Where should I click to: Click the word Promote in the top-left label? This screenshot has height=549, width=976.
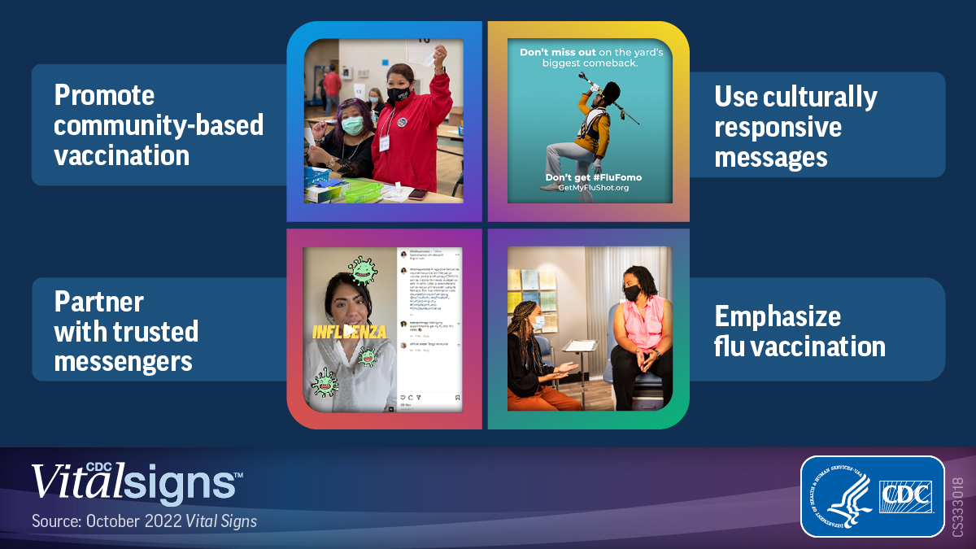[104, 95]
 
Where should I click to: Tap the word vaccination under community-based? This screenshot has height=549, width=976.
[121, 155]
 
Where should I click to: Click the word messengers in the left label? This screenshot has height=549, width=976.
[123, 360]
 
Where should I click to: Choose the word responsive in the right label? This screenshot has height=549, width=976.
[778, 127]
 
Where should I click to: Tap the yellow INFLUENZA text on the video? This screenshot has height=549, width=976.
[350, 331]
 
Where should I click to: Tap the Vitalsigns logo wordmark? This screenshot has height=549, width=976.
[136, 482]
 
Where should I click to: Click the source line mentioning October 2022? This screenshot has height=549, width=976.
[144, 521]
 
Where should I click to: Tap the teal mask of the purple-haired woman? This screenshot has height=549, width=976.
[352, 125]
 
